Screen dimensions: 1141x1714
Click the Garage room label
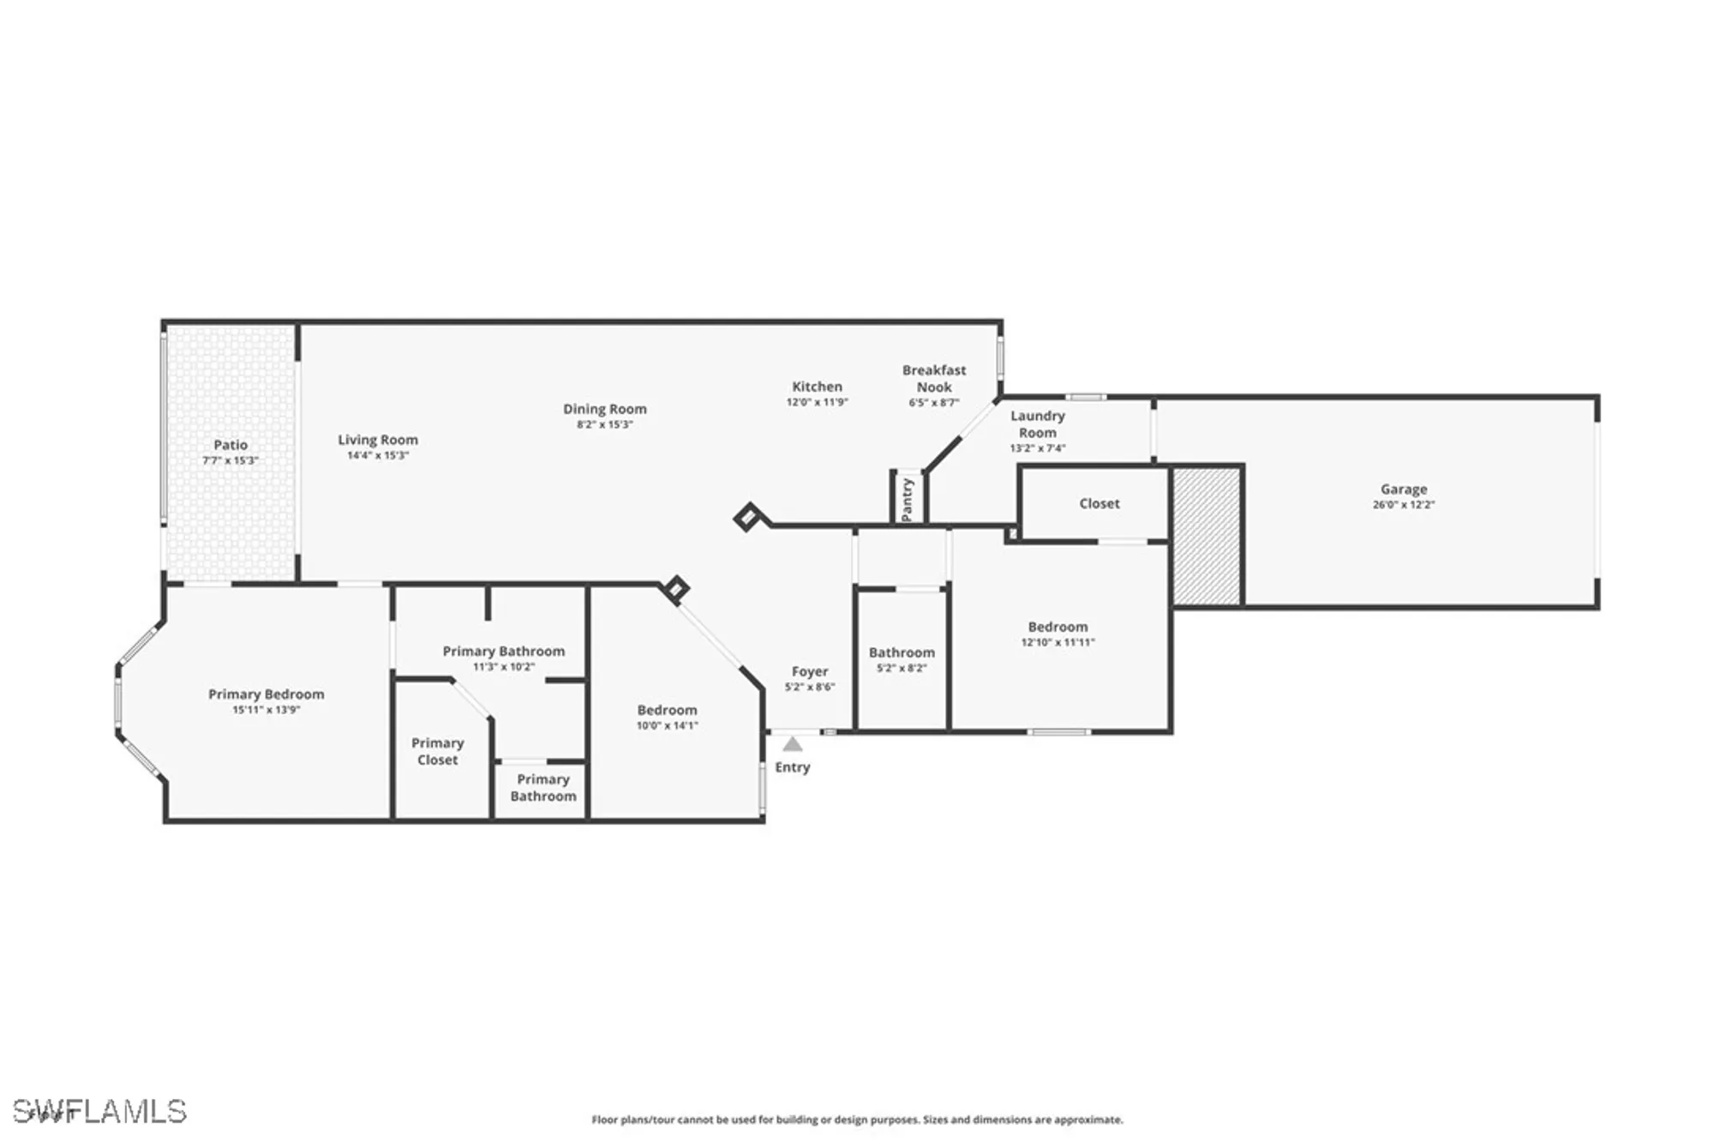point(1403,489)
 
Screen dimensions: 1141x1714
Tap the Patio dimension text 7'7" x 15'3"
point(230,460)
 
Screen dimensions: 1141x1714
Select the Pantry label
point(908,500)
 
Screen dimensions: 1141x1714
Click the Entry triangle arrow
point(793,744)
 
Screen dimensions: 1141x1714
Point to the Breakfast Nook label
point(933,378)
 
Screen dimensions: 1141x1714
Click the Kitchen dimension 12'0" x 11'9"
point(817,402)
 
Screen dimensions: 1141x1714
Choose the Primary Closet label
point(437,751)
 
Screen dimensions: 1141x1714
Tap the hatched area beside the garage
point(1207,536)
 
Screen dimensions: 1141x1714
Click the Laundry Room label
point(1037,423)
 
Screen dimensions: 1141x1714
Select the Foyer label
point(809,671)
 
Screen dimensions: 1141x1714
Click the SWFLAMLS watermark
point(99,1111)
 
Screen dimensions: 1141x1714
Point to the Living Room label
point(377,440)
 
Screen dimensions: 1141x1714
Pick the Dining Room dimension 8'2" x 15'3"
point(604,424)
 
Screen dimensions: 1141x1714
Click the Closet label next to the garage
point(1099,503)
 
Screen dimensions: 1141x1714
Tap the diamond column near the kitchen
point(748,517)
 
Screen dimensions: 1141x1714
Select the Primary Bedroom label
point(266,694)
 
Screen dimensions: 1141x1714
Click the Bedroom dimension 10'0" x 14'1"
point(667,725)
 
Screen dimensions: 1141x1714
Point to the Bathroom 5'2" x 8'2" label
point(902,652)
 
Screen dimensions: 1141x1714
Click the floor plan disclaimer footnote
point(857,1120)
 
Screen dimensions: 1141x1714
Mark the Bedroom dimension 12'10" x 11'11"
point(1058,642)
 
